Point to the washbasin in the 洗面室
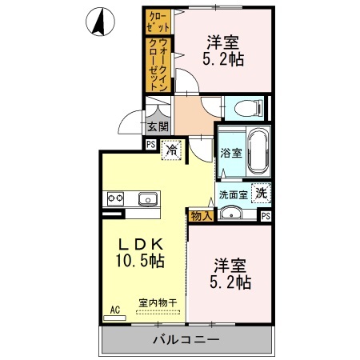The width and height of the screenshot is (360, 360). (230, 213)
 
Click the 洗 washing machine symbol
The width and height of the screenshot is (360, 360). (260, 193)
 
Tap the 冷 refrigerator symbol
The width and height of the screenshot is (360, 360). (171, 149)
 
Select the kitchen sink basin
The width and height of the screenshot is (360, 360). (148, 198)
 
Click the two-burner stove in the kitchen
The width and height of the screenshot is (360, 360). (114, 198)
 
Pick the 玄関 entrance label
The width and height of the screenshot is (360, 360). (158, 126)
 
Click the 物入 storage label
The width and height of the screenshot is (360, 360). (200, 214)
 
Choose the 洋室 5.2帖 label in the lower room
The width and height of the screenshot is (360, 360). (232, 272)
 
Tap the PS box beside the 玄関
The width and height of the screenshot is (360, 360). (150, 144)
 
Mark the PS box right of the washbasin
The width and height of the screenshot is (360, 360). (266, 215)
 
